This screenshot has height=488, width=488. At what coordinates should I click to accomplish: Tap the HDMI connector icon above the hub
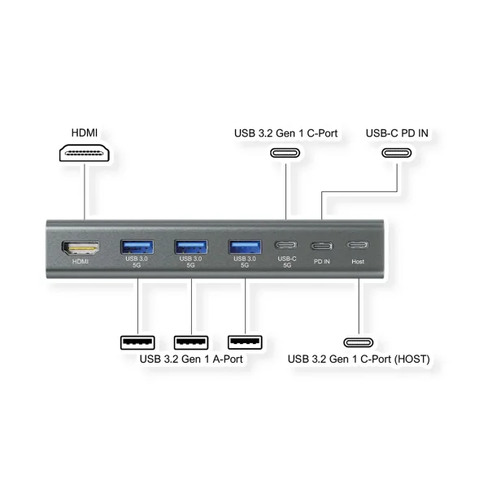84,154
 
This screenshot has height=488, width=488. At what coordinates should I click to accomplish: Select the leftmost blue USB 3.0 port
136,246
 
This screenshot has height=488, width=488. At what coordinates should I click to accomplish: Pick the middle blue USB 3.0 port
190,246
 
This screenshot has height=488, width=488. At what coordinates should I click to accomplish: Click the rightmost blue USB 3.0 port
245,246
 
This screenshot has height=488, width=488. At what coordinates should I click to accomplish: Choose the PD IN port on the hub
322,246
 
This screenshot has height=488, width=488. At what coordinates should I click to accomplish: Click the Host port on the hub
358,246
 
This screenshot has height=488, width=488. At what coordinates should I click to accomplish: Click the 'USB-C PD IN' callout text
397,132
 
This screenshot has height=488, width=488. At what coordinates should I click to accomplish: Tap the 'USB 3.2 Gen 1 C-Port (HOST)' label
359,358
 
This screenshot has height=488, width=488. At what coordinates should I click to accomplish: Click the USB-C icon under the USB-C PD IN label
398,153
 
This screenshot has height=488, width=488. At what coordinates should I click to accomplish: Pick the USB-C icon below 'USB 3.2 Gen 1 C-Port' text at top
285,153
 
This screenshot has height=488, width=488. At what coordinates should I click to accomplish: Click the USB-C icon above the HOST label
359,342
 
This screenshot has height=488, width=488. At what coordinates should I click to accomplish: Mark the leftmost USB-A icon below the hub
137,342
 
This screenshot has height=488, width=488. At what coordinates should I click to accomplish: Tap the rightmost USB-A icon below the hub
245,342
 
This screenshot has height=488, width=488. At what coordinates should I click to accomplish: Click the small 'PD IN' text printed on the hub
322,261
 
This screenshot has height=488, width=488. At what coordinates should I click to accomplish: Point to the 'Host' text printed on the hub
358,261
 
